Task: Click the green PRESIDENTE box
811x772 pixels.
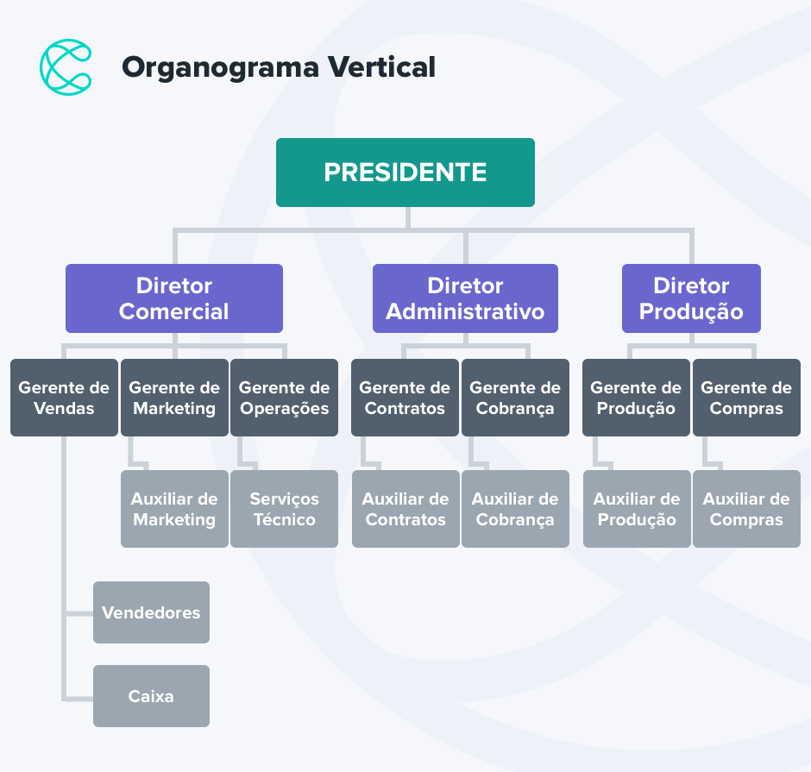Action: pyautogui.click(x=405, y=173)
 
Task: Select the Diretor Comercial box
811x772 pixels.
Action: pyautogui.click(x=174, y=298)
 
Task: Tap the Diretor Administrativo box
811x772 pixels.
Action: pyautogui.click(x=465, y=298)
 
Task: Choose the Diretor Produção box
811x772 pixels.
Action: pyautogui.click(x=691, y=298)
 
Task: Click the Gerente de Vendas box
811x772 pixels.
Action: pyautogui.click(x=64, y=398)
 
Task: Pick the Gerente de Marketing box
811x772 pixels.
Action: pyautogui.click(x=174, y=398)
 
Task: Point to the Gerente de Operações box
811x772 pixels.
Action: pyautogui.click(x=284, y=398)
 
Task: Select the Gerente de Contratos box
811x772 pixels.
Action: pyautogui.click(x=405, y=398)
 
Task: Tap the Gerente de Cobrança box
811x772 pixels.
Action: pyautogui.click(x=515, y=398)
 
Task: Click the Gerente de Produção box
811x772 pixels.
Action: pyautogui.click(x=636, y=398)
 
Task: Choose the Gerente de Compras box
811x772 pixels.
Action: pyautogui.click(x=746, y=398)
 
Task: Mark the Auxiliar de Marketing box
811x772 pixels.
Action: pyautogui.click(x=174, y=509)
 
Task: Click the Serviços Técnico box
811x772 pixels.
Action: pyautogui.click(x=284, y=509)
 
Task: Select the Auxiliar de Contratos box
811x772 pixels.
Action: pyautogui.click(x=405, y=509)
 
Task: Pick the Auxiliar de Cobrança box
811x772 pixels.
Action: pyautogui.click(x=515, y=509)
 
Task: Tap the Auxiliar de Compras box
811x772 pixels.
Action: pyautogui.click(x=746, y=509)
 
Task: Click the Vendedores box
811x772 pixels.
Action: pyautogui.click(x=151, y=612)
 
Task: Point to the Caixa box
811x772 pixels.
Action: pyautogui.click(x=151, y=696)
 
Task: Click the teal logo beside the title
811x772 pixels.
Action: pyautogui.click(x=66, y=66)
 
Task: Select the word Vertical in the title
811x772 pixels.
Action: pyautogui.click(x=380, y=66)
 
